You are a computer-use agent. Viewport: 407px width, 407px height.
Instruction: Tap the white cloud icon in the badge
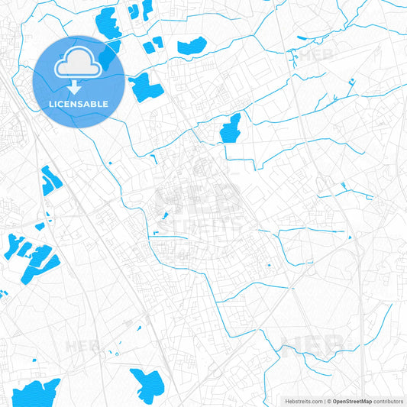coord(79,64)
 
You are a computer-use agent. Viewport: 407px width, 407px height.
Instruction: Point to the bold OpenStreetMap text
coord(352,401)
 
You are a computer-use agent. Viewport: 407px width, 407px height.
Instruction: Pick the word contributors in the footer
coord(389,401)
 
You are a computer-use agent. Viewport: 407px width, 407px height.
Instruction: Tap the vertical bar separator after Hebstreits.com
coord(323,401)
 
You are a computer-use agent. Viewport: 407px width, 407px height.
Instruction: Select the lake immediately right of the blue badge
coord(145,89)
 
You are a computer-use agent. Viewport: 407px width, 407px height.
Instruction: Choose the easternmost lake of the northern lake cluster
coord(192,46)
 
